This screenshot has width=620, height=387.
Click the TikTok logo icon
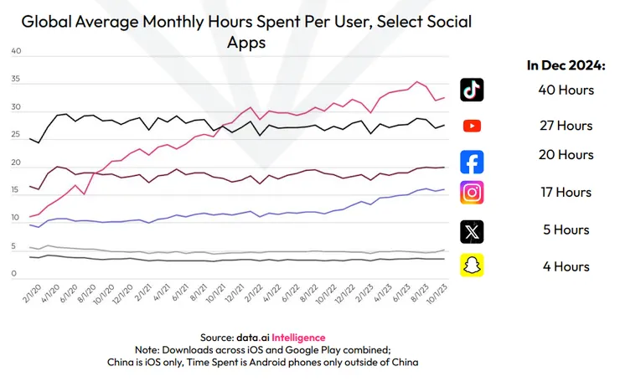tap(473, 90)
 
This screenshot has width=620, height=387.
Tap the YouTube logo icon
tap(473, 126)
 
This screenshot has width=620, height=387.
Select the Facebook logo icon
tap(473, 161)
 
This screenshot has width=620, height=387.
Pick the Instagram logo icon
tap(473, 193)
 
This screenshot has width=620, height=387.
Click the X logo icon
tap(473, 230)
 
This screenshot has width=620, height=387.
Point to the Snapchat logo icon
tap(473, 266)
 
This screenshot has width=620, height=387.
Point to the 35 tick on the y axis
tap(15, 80)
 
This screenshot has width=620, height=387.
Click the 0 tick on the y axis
tap(15, 274)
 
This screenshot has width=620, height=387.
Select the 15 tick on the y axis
tap(15, 191)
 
